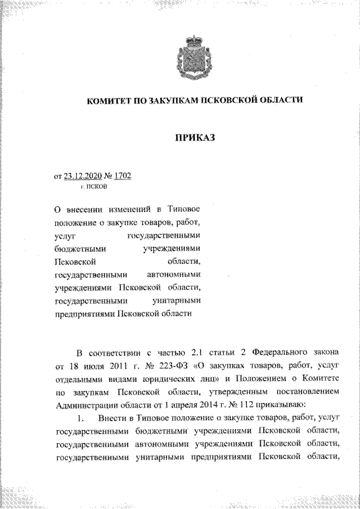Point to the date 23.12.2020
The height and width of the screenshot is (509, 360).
click(x=83, y=176)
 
